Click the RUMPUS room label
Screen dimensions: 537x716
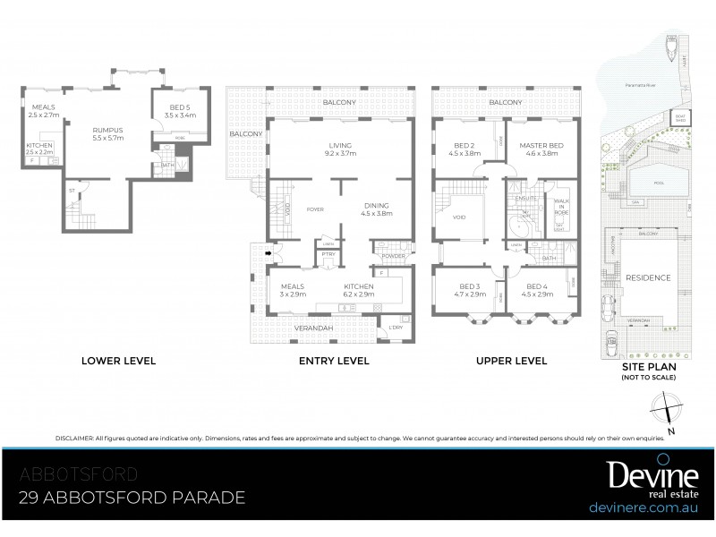tap(108, 134)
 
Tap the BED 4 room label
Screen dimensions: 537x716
tap(536, 290)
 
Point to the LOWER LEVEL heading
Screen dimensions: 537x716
tap(119, 362)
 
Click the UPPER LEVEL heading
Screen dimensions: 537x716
tap(511, 362)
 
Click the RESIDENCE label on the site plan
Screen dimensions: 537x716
tap(648, 278)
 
